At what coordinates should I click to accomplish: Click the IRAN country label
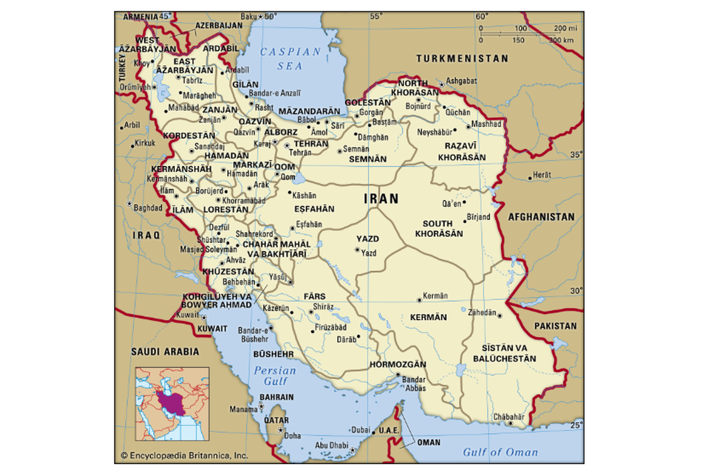(381, 199)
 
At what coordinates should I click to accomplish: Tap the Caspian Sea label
(291, 58)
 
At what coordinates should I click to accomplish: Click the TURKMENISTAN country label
(462, 59)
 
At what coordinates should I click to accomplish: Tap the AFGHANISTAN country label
(541, 217)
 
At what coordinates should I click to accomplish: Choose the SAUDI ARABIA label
(165, 352)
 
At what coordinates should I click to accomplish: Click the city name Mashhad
(486, 124)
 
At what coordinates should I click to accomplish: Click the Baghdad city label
(148, 208)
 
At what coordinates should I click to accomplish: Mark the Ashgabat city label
(462, 80)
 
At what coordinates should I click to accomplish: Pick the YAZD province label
(367, 239)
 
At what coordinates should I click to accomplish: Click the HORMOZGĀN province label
(398, 364)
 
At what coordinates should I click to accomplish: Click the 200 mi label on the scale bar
(565, 28)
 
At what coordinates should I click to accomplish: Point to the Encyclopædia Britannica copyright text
(184, 455)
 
